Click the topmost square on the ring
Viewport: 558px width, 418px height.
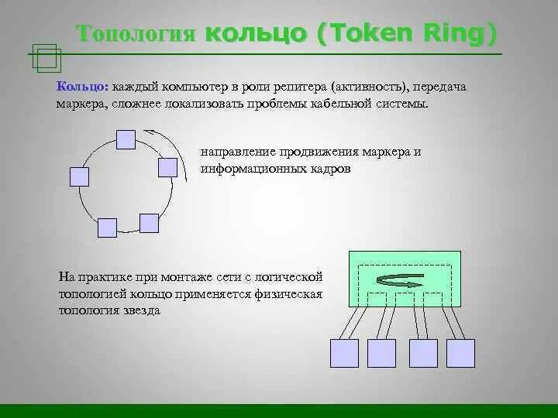coord(125,139)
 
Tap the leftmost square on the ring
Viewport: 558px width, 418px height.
coord(80,176)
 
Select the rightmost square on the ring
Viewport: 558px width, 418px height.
coord(167,167)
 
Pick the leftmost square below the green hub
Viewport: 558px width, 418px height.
coord(344,353)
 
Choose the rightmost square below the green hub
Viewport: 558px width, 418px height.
coord(460,353)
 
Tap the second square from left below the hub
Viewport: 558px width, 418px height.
coord(381,353)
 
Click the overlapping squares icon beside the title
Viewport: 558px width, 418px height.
coord(47,57)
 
